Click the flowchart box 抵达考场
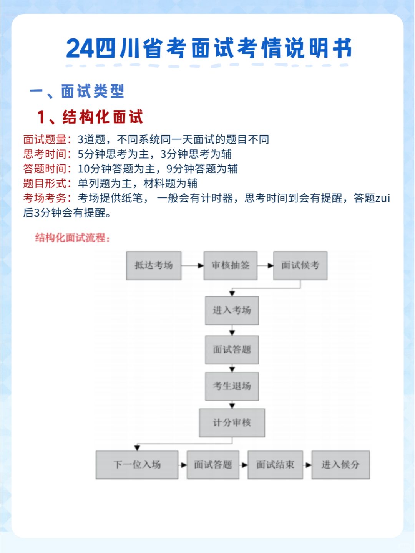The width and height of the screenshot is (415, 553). (154, 265)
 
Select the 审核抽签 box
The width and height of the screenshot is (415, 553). (230, 265)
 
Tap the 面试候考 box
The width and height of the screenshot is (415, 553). (300, 265)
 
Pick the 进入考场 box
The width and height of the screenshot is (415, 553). (232, 310)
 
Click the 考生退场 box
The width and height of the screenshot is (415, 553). (232, 386)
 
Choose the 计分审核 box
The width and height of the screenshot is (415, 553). (232, 423)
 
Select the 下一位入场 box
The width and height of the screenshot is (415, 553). (137, 465)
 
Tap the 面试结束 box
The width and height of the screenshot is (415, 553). (275, 465)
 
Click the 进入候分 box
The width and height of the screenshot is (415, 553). (340, 465)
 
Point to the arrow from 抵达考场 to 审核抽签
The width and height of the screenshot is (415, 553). (193, 265)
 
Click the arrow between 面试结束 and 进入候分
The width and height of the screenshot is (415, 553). (307, 465)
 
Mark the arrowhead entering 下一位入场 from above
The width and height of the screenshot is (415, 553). (137, 448)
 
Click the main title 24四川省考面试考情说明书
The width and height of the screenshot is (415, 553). (209, 48)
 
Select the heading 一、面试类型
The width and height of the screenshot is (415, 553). (77, 91)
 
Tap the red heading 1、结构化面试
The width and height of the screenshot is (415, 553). (90, 117)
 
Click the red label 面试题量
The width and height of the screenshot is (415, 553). (45, 139)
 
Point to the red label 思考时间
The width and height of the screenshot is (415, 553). (45, 154)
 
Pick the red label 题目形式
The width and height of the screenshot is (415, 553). (45, 183)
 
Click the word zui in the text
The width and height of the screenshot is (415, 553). (383, 198)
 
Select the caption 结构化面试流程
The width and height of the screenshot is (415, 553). (72, 238)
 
